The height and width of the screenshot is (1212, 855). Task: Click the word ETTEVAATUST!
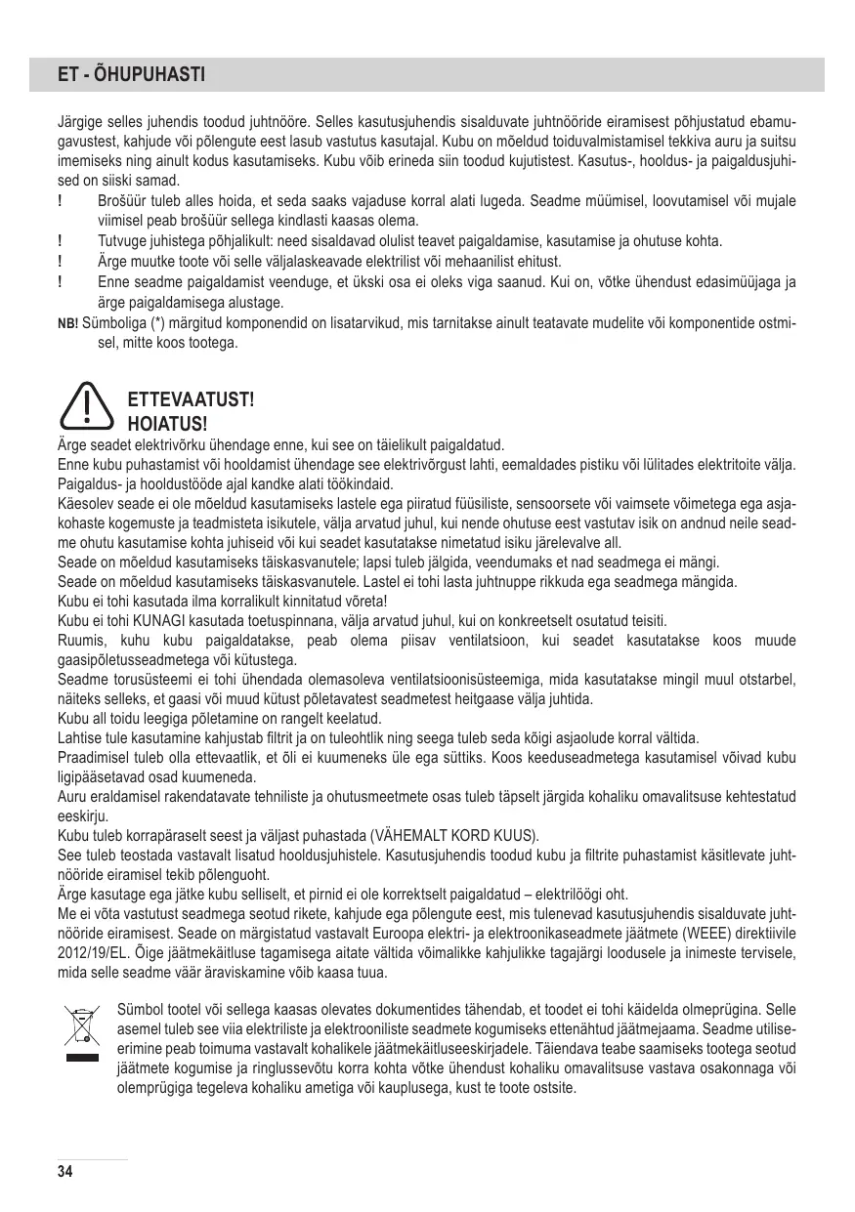coord(191,400)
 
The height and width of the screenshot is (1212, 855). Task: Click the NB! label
coord(69,324)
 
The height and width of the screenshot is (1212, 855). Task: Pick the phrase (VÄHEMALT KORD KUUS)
coord(454,837)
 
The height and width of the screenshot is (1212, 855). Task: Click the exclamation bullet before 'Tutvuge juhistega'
coord(62,241)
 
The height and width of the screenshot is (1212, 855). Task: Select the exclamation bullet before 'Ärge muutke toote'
coord(62,262)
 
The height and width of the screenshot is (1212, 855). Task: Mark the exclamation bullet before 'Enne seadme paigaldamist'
coord(62,282)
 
